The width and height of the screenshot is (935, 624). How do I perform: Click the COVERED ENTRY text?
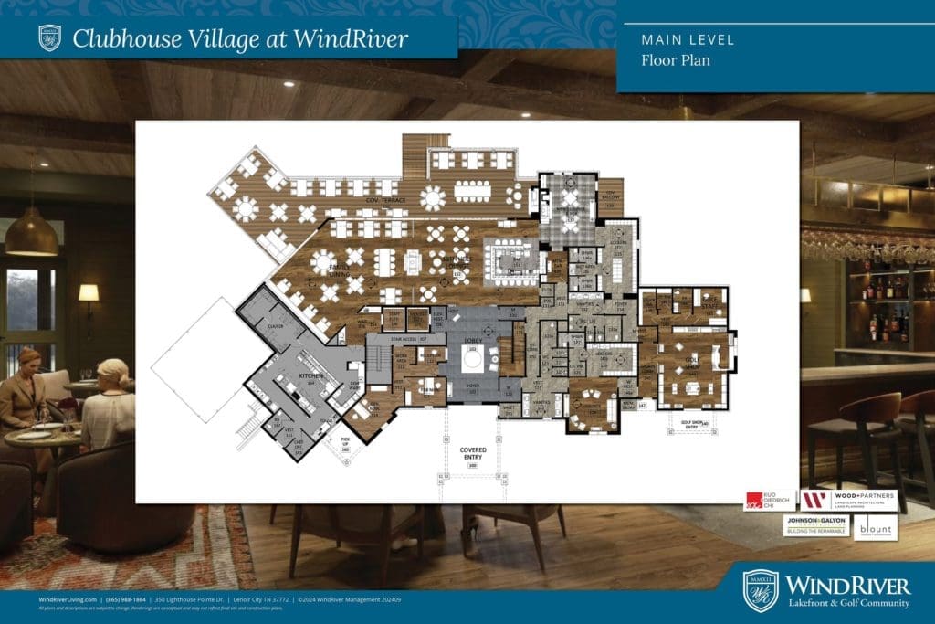tap(473, 454)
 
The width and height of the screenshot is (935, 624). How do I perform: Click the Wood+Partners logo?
tap(848, 501)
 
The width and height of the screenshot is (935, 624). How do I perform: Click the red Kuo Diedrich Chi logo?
tap(769, 501)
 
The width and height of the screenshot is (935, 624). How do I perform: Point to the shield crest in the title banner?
tap(49, 37)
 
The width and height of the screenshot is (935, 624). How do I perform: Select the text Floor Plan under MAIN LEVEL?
tap(675, 61)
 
